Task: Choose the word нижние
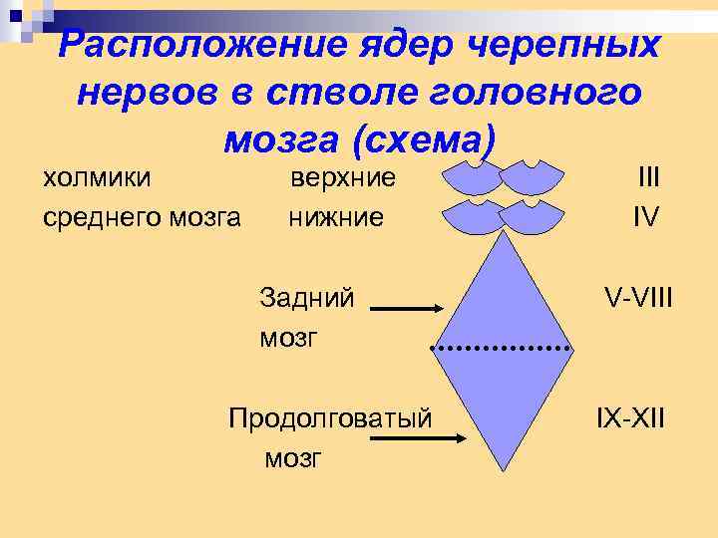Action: click(336, 216)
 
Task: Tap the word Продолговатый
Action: click(330, 416)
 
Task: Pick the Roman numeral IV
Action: click(645, 216)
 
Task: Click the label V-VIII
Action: click(638, 297)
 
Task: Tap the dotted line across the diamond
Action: click(502, 350)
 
